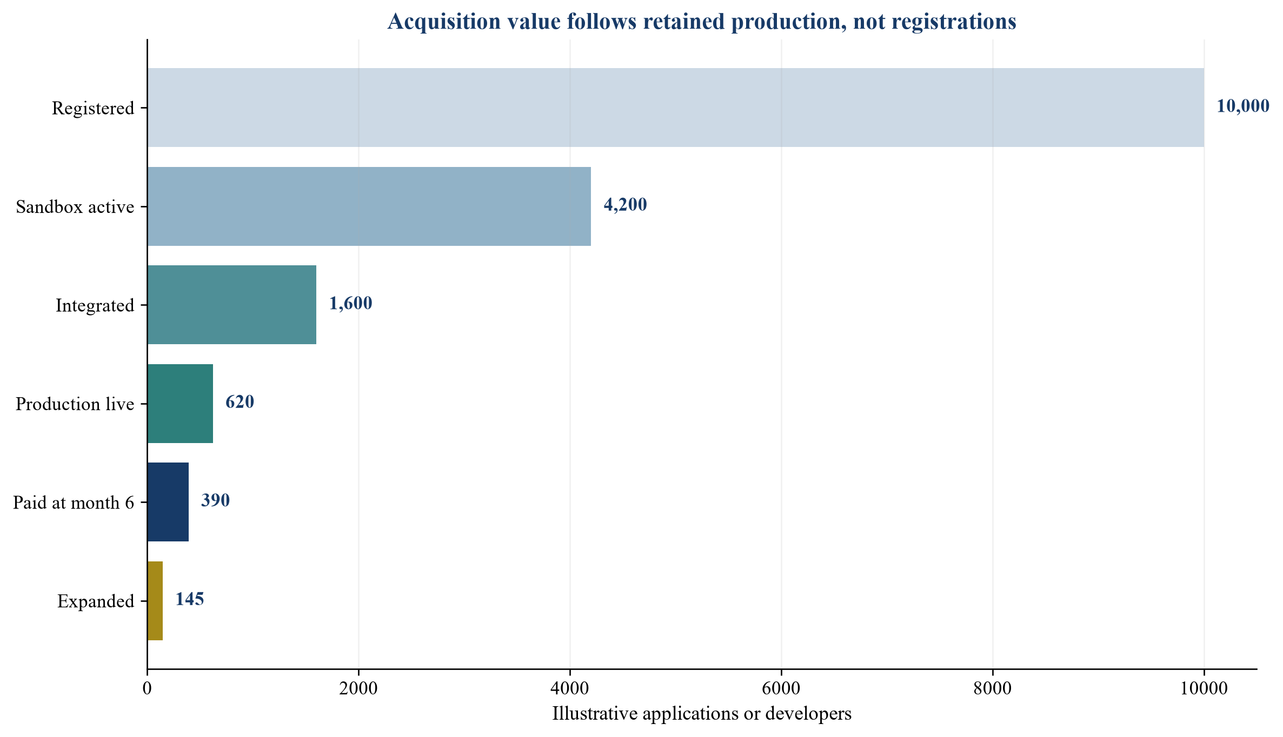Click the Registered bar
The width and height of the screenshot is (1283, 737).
[676, 108]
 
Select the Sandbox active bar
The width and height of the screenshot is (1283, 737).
[369, 206]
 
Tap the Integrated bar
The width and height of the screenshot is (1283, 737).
[232, 305]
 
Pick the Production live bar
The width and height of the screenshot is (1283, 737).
[180, 404]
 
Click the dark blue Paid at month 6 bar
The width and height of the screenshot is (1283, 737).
[168, 502]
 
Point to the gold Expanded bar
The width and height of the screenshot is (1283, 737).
[155, 601]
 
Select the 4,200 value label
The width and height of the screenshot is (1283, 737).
[625, 205]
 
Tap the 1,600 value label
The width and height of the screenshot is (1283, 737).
[351, 304]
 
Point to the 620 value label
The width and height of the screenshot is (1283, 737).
[240, 402]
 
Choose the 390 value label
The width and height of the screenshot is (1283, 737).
[215, 501]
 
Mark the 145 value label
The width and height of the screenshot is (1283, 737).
[190, 599]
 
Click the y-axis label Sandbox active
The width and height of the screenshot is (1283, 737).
[75, 207]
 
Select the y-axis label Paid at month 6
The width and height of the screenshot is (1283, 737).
[74, 503]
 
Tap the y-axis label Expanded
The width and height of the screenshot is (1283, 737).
[96, 601]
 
